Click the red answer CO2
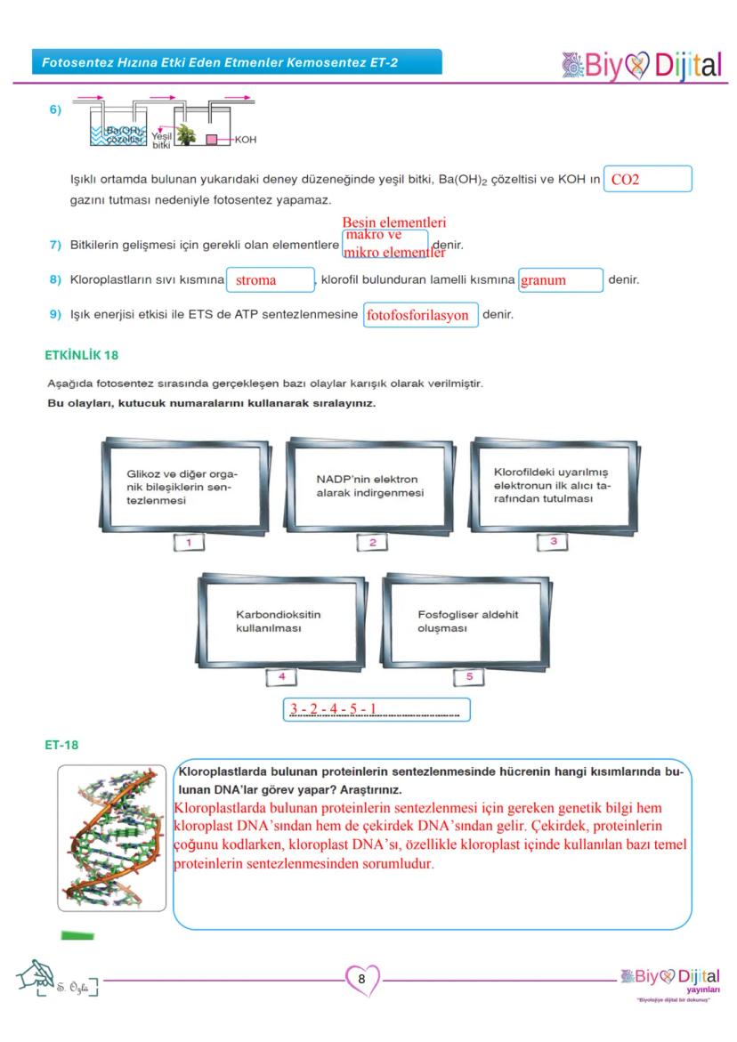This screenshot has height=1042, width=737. coord(626,180)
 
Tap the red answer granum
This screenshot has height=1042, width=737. coord(544,280)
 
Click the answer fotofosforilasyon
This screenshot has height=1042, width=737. coord(417,315)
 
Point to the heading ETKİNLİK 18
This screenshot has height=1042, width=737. coord(82,354)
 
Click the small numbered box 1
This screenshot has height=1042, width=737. coord(190,542)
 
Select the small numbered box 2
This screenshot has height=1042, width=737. coord(372,542)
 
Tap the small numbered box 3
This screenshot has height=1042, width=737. coord(553,541)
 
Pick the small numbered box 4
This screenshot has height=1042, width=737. coord(281,676)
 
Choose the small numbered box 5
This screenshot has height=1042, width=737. coord(469,676)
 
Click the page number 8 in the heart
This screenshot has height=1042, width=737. coord(361,979)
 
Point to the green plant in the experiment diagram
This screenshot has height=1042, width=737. coord(187,133)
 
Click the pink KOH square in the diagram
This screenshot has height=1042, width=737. coord(213,139)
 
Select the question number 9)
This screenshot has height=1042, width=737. coord(55,315)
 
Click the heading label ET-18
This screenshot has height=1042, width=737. coord(61,745)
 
